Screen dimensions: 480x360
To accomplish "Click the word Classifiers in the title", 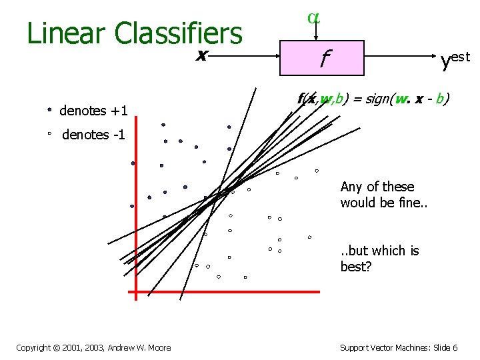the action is click(x=179, y=33).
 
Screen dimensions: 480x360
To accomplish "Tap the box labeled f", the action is click(x=323, y=58).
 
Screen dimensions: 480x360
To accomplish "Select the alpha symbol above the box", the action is click(x=313, y=18).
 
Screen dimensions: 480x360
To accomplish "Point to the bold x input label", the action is click(x=199, y=55).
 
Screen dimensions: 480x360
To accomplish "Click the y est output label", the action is click(x=455, y=60).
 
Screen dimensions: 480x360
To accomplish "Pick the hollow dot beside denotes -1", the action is click(x=49, y=134).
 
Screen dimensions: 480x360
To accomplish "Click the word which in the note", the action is click(x=388, y=251).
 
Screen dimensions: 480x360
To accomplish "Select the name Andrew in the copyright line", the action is click(x=130, y=347).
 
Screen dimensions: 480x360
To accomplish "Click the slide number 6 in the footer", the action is click(x=455, y=347).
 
